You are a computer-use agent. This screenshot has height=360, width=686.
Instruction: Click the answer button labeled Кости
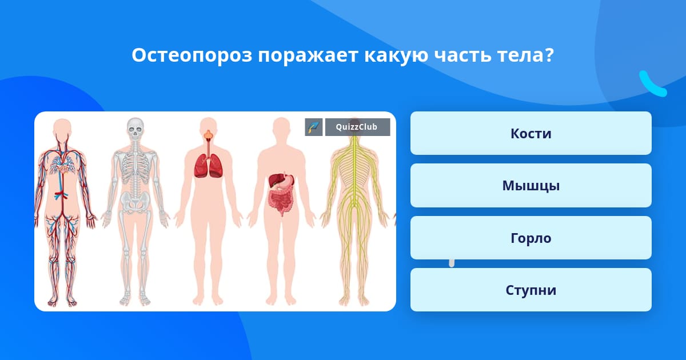point(531,133)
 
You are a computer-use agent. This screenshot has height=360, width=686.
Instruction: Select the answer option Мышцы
point(531,186)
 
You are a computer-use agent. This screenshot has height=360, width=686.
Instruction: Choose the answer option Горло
point(531,238)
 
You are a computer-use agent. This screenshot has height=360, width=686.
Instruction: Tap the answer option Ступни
point(531,290)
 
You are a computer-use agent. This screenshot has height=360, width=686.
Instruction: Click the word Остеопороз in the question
point(192,55)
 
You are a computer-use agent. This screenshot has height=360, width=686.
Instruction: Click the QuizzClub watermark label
point(357,127)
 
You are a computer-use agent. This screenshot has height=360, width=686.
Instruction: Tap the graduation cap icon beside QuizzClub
point(314,127)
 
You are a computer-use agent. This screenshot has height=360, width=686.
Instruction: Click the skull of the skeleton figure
point(135,129)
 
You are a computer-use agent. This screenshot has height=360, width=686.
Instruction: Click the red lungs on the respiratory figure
point(208,166)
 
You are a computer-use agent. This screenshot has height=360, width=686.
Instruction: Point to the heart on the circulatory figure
point(63,169)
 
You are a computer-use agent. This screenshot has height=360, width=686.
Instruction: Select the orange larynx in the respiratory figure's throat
point(208,135)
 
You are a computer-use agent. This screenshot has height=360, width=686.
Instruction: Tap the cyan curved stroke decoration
point(652,84)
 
